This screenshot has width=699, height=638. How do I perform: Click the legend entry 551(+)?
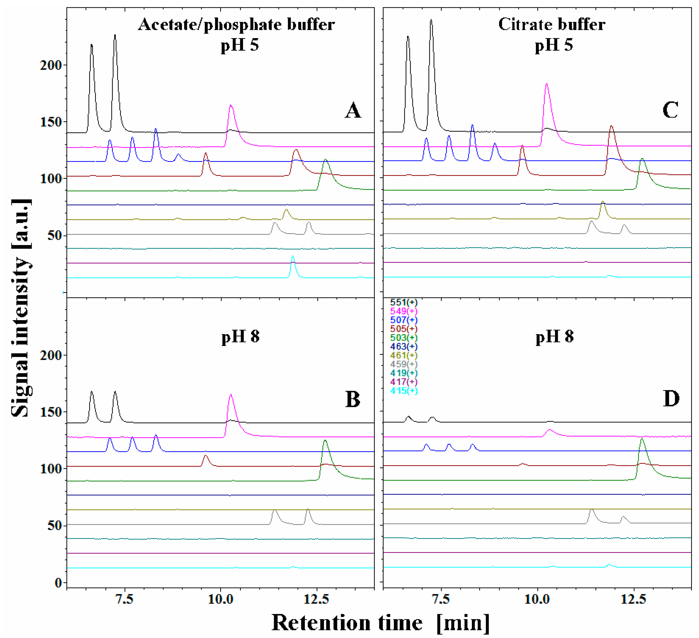click(x=404, y=302)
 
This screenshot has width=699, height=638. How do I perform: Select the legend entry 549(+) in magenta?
click(x=404, y=311)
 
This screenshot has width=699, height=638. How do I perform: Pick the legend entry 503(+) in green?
click(x=404, y=338)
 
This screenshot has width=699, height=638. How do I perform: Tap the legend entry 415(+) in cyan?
click(x=404, y=391)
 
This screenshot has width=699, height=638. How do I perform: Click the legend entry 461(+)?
click(x=404, y=355)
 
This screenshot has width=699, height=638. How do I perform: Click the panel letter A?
click(x=353, y=111)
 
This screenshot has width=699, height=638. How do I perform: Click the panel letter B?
click(x=353, y=399)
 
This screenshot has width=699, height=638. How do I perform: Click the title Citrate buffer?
click(x=552, y=24)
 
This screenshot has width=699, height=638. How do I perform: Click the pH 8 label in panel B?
click(x=240, y=336)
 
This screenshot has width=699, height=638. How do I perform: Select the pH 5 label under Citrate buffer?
click(x=554, y=45)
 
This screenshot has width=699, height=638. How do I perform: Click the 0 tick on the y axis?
click(x=58, y=583)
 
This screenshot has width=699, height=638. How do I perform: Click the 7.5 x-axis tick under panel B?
click(x=124, y=599)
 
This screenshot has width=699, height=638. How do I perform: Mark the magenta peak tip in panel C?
click(x=546, y=84)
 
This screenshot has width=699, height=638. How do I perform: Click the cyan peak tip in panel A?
click(x=293, y=256)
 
